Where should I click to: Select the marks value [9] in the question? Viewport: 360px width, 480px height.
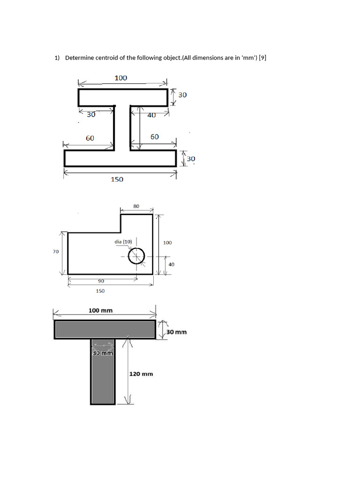[263, 58]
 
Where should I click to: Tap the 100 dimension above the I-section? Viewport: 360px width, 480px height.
[120, 78]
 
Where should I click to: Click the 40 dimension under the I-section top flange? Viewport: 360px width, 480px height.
[151, 115]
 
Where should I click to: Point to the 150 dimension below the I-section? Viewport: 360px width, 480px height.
[117, 179]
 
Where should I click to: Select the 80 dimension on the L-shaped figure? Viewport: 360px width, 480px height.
[136, 206]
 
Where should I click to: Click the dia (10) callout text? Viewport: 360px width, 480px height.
[123, 241]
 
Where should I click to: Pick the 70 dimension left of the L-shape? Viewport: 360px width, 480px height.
[56, 252]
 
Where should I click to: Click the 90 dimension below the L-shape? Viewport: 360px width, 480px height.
[101, 281]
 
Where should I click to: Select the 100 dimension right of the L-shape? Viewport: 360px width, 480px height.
[167, 243]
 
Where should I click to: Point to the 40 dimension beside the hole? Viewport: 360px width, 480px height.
[171, 264]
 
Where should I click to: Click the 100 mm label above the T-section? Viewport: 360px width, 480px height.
[101, 310]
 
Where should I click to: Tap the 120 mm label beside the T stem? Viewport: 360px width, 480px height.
[141, 374]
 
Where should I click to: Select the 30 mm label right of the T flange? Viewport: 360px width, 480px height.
[177, 332]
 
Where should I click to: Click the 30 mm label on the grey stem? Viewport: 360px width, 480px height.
[103, 353]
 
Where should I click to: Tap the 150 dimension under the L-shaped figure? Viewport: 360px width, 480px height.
[100, 291]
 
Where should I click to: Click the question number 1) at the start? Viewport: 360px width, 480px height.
[57, 58]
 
